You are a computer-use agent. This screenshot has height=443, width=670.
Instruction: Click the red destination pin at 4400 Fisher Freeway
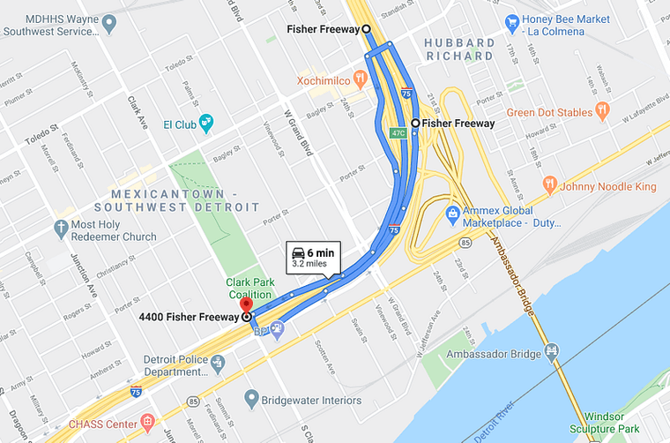click(x=246, y=310)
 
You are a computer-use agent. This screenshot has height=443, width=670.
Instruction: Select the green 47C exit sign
click(x=398, y=133)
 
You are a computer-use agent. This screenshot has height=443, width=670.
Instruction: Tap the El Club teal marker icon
click(x=206, y=122)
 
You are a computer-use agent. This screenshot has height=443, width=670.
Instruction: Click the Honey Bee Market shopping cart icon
click(x=510, y=21)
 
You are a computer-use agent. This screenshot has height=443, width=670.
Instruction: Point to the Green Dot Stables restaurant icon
click(x=603, y=110)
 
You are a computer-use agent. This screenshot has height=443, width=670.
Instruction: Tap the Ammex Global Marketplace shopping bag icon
click(x=452, y=213)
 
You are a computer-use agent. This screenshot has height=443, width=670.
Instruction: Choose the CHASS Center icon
click(x=146, y=424)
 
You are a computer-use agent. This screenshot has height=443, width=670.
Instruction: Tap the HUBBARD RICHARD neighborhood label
click(x=458, y=49)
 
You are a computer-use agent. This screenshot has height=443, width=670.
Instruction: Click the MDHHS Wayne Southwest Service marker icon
click(x=109, y=21)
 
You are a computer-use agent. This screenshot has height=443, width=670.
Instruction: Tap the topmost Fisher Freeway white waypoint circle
click(x=366, y=29)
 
